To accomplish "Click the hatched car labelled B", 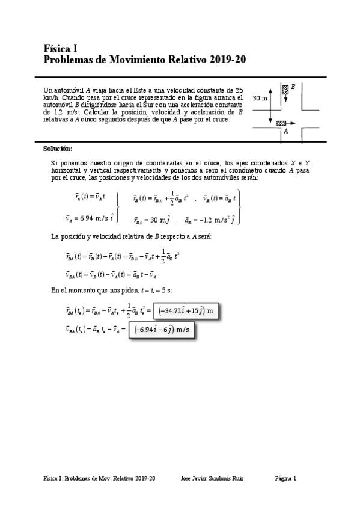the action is [285, 90].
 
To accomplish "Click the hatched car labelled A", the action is [281, 123].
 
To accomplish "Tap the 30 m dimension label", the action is [260, 97].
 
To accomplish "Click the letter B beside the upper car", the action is [293, 87].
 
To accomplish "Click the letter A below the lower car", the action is [285, 131].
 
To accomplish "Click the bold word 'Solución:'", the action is [58, 148].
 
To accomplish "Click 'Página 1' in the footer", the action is [285, 478].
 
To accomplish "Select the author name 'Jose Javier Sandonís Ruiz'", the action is [216, 478].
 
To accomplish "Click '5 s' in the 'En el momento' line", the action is [166, 290].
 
